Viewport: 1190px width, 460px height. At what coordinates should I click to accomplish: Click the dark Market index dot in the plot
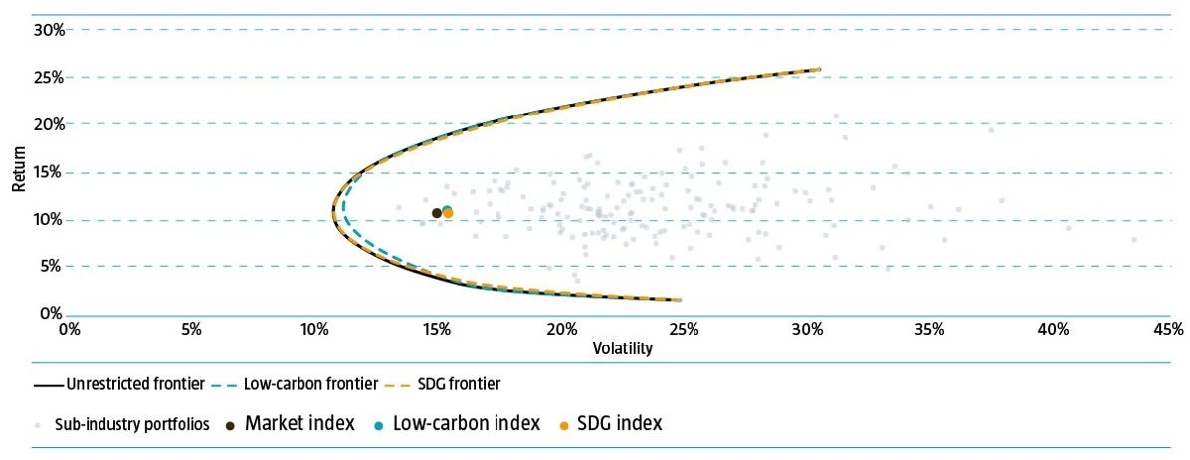pos(437,213)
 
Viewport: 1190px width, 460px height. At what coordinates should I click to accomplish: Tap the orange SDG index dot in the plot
pos(448,213)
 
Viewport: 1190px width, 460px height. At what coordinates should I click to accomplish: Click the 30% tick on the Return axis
pos(49,30)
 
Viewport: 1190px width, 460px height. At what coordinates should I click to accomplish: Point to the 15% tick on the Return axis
pos(49,172)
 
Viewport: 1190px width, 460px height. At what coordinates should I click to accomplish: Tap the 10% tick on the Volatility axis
pos(314,328)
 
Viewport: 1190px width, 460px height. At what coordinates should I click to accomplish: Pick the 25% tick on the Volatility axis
pos(684,328)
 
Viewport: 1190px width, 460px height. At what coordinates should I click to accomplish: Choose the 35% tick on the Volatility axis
pos(929,328)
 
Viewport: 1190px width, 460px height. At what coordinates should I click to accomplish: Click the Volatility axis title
pos(622,348)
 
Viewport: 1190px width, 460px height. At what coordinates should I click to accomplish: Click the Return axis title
pos(17,172)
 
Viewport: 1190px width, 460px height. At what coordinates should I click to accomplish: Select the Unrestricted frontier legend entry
pos(118,383)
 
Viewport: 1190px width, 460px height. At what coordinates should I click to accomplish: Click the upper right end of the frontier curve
pos(818,69)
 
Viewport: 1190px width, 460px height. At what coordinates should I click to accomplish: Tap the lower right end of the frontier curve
pos(680,300)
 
